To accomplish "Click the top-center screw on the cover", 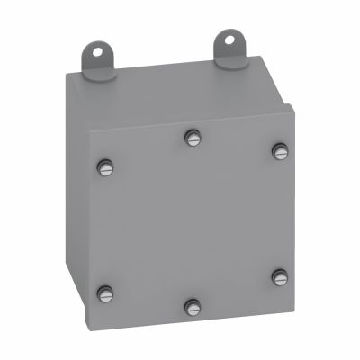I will point(191,137).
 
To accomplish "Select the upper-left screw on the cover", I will point(106,166).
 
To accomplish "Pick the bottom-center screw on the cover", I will point(191,307).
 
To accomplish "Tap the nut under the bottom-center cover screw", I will point(191,314).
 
